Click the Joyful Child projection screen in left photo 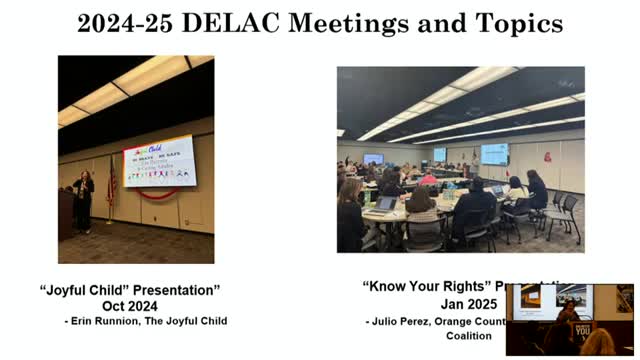[159, 161]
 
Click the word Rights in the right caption [459, 285]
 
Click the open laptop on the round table [385, 204]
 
